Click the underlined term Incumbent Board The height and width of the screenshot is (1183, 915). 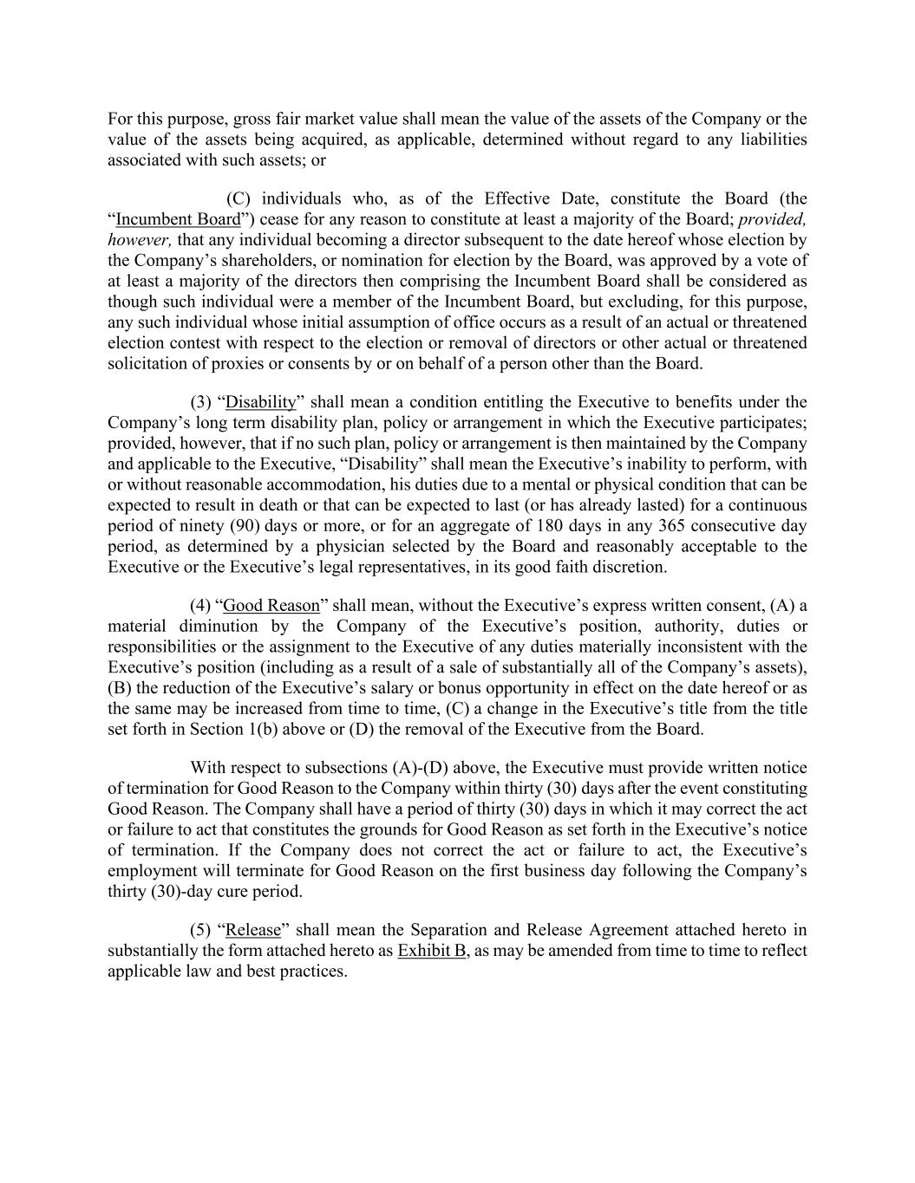click(x=178, y=219)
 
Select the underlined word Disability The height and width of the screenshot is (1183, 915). click(x=260, y=402)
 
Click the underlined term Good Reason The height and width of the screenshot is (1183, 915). click(x=271, y=606)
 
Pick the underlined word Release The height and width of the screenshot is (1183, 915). click(x=253, y=930)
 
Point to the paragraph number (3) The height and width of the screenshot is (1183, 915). click(x=201, y=402)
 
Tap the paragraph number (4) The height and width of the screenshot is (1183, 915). click(x=201, y=606)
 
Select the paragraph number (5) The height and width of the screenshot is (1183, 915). click(x=201, y=930)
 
